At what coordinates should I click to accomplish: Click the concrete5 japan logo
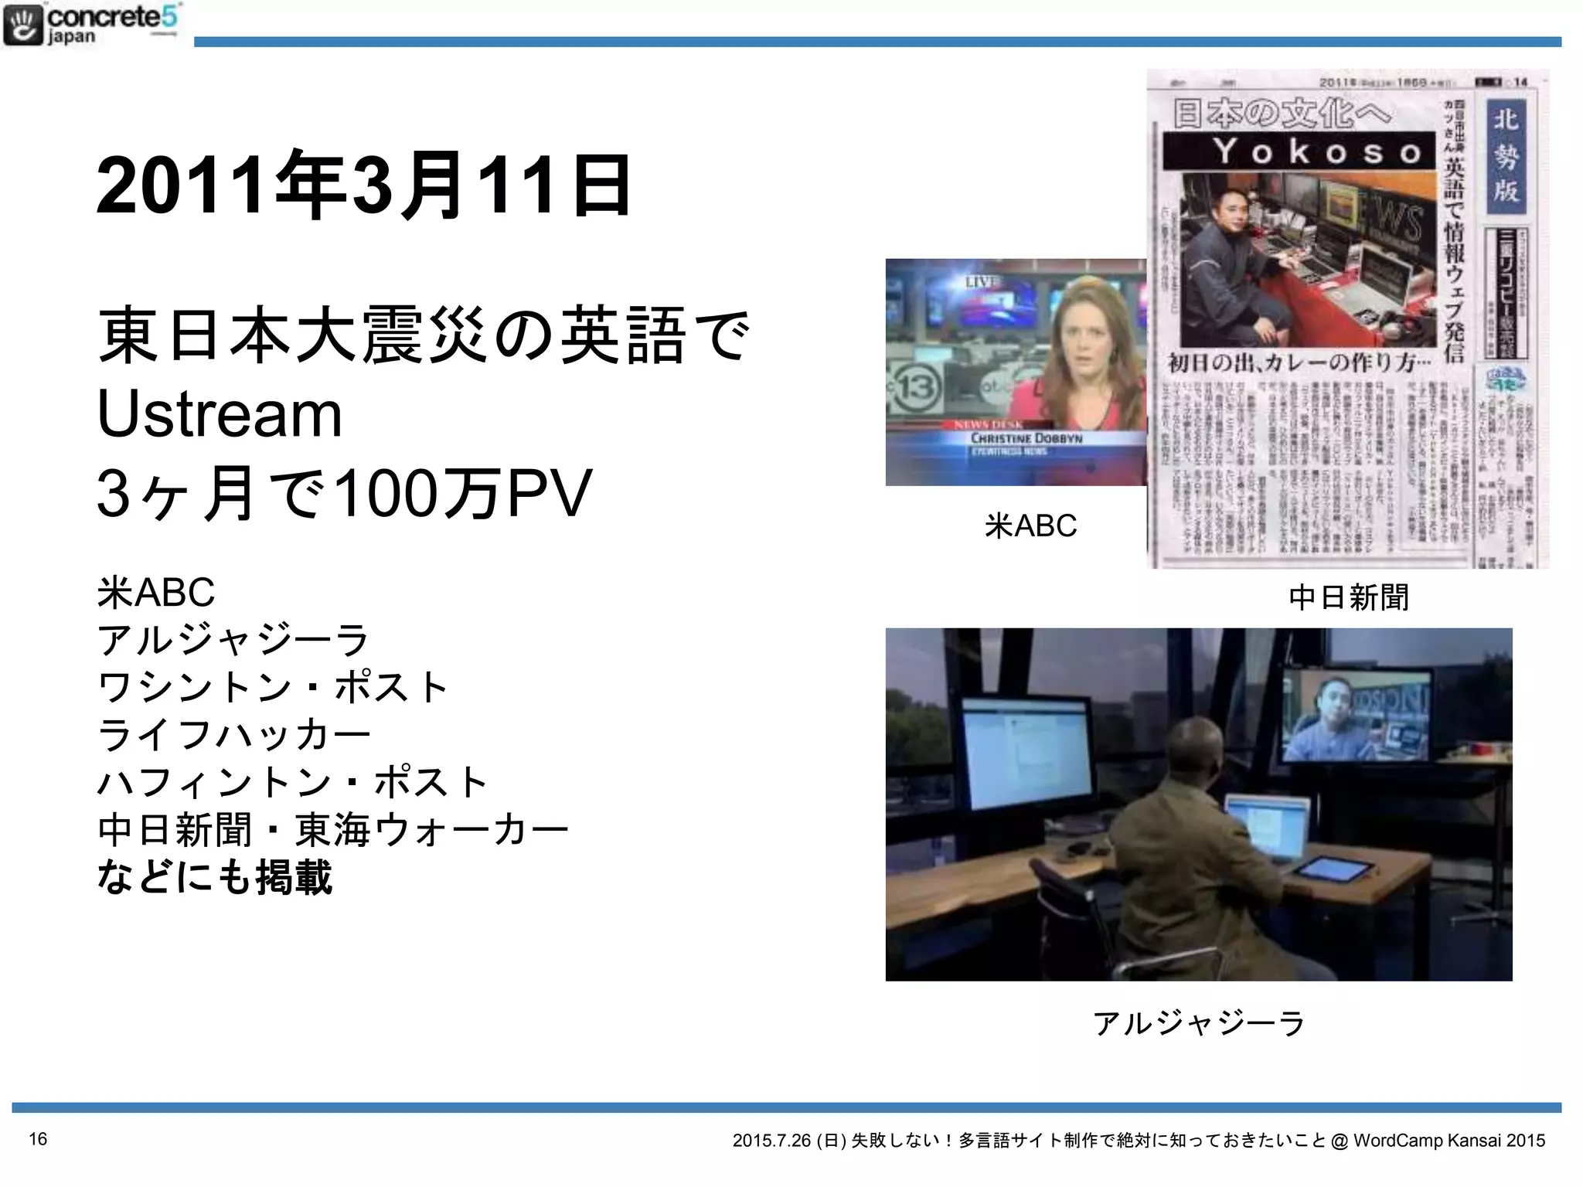click(91, 25)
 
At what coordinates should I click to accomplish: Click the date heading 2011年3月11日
click(364, 185)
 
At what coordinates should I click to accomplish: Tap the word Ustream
click(220, 414)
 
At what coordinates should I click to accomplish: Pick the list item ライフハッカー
click(234, 734)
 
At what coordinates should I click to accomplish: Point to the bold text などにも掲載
click(215, 877)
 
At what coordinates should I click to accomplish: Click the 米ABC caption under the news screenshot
click(1030, 525)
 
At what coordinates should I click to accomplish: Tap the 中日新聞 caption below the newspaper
click(1349, 597)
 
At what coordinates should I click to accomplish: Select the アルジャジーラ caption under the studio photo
click(1199, 1022)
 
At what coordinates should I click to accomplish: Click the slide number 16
click(38, 1138)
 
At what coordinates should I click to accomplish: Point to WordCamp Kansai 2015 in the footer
click(1449, 1141)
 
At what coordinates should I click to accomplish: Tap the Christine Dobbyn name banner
click(1026, 439)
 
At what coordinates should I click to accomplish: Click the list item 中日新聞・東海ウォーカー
click(333, 830)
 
